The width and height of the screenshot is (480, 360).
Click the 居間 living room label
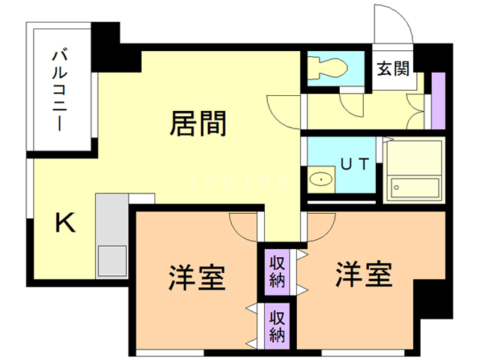tap(199, 123)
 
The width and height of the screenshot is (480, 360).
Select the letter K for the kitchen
tap(66, 223)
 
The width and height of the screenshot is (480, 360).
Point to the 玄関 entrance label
tap(392, 70)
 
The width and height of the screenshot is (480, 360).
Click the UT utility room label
tap(355, 163)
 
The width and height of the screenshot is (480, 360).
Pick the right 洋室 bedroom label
tap(364, 275)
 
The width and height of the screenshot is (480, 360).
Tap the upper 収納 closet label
tap(277, 271)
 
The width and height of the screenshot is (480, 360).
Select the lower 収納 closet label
tap(277, 325)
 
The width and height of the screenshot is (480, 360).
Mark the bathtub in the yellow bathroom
tap(413, 188)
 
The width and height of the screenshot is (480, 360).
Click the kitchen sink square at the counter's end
tap(112, 260)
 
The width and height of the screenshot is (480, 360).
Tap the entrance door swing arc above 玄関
tap(393, 26)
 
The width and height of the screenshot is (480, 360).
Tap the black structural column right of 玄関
tap(427, 60)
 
